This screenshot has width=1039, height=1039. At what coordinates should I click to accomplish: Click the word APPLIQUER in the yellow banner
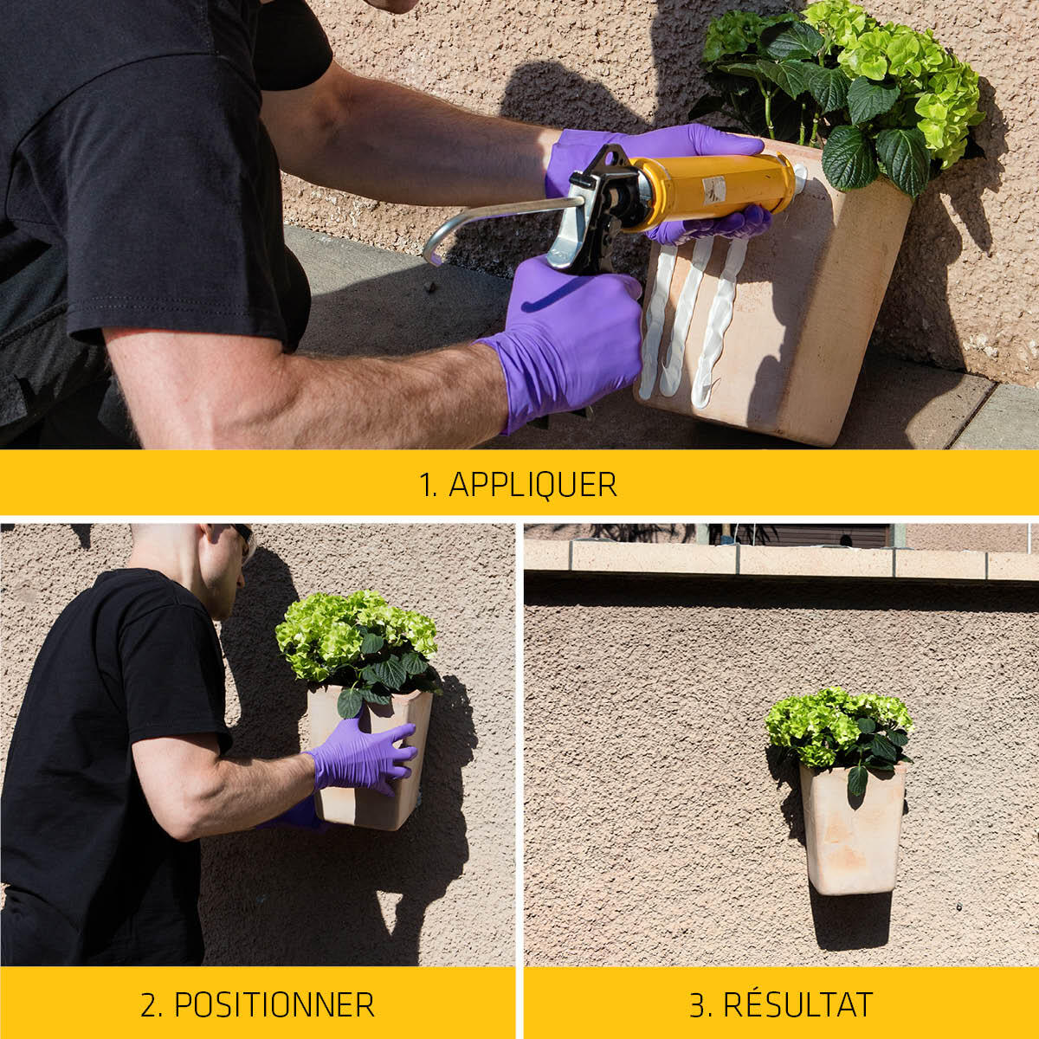click(x=532, y=484)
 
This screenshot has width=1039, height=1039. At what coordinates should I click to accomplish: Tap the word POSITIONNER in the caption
click(x=274, y=1004)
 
